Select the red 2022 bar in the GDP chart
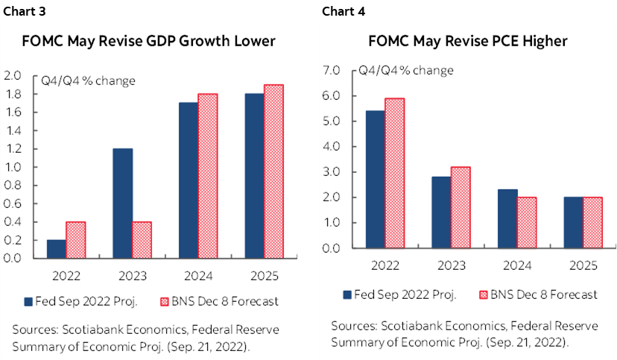(x=76, y=239)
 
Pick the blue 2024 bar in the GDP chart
(x=189, y=180)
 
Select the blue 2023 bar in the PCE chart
(x=441, y=212)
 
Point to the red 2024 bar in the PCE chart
(x=526, y=222)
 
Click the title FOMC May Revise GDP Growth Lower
(x=148, y=41)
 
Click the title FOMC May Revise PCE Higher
(x=467, y=41)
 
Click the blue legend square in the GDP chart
(x=28, y=302)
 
